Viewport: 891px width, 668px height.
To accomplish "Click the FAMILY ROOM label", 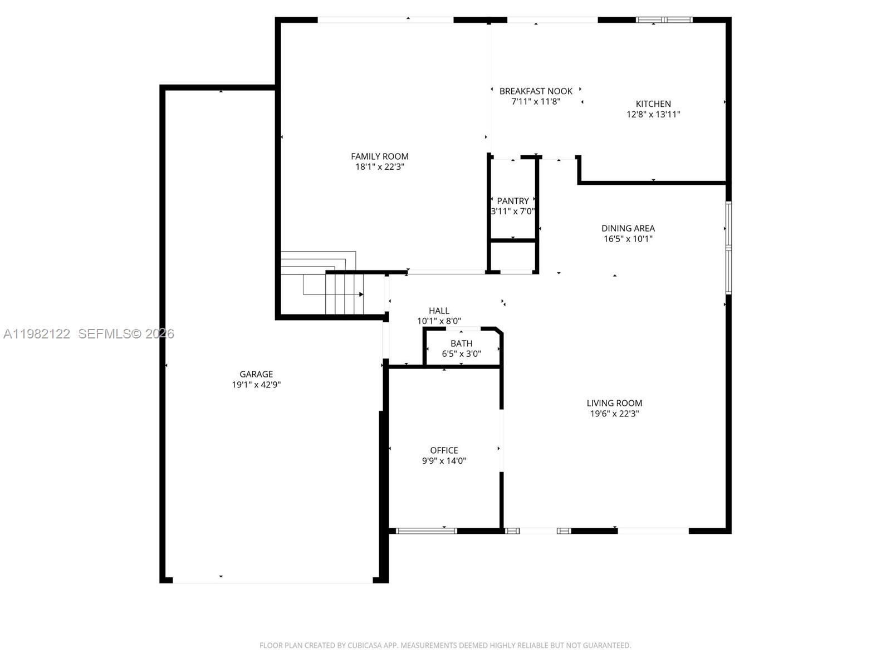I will pyautogui.click(x=379, y=156).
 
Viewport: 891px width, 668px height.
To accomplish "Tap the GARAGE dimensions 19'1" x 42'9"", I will pyautogui.click(x=256, y=385).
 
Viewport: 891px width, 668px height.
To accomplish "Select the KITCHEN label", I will pyautogui.click(x=653, y=104).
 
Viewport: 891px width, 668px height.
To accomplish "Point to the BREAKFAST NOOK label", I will pyautogui.click(x=536, y=91).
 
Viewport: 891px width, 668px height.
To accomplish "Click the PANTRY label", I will pyautogui.click(x=513, y=201).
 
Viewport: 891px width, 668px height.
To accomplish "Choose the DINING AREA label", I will pyautogui.click(x=628, y=228).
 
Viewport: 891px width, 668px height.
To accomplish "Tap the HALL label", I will pyautogui.click(x=439, y=311).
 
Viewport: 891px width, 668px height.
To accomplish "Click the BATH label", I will pyautogui.click(x=461, y=343).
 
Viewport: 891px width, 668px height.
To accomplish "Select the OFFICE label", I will pyautogui.click(x=444, y=450).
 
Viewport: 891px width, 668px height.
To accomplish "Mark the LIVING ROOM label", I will pyautogui.click(x=614, y=403).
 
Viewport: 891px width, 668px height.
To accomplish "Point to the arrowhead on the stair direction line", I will pyautogui.click(x=361, y=294).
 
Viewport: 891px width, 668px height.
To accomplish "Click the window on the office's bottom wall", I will pyautogui.click(x=426, y=531).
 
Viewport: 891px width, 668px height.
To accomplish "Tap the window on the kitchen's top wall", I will pyautogui.click(x=664, y=20).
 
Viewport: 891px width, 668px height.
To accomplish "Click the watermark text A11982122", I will pyautogui.click(x=37, y=334).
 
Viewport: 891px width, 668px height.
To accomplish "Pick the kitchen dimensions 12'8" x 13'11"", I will pyautogui.click(x=653, y=115).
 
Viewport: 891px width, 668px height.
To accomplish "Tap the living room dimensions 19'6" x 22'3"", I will pyautogui.click(x=614, y=414).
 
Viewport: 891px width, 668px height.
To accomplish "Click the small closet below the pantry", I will pyautogui.click(x=513, y=256).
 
